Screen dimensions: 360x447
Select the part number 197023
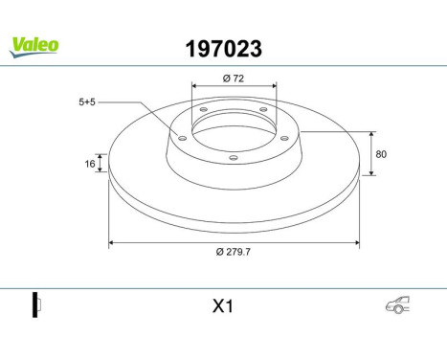(x=222, y=46)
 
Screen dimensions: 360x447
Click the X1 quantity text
(x=223, y=306)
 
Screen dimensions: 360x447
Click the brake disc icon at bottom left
(x=37, y=305)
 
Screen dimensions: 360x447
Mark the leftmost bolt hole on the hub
(x=182, y=136)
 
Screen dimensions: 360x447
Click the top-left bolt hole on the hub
(x=202, y=110)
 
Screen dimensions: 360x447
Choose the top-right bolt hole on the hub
(x=262, y=110)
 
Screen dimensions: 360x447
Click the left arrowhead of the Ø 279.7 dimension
(x=113, y=243)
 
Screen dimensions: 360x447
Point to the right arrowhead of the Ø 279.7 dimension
(x=358, y=243)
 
